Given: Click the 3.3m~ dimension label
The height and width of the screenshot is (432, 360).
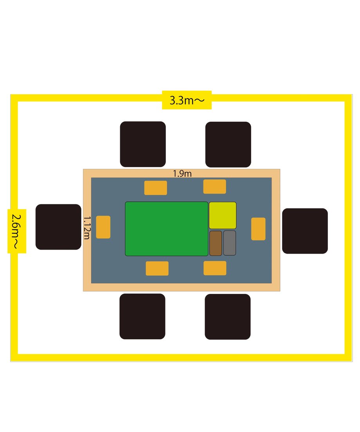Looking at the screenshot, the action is [x=187, y=100].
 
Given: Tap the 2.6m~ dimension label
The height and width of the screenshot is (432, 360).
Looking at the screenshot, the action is [x=16, y=231].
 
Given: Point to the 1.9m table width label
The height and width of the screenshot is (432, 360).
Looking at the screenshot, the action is [x=182, y=174].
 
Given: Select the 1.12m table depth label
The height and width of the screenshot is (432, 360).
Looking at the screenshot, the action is [x=87, y=228].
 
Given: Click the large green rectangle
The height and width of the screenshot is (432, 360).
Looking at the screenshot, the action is [x=167, y=229].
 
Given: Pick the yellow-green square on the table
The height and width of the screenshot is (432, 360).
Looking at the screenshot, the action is [x=223, y=216].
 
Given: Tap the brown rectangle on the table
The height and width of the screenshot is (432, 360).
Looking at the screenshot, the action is [x=216, y=243].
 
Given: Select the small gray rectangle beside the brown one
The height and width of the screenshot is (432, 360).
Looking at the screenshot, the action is [x=230, y=243].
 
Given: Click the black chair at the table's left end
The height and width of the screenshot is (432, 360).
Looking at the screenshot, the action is [x=58, y=227].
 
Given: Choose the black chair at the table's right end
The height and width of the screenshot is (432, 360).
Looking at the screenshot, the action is [x=305, y=231].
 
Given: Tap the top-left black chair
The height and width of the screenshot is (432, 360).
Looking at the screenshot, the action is [x=143, y=144].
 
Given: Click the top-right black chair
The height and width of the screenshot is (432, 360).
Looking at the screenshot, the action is [x=228, y=144].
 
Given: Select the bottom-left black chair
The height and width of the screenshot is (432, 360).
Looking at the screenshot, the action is [x=142, y=316].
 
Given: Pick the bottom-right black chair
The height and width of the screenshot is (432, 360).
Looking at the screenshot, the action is [x=227, y=317].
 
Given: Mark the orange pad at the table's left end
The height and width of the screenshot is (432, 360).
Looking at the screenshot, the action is [x=103, y=227].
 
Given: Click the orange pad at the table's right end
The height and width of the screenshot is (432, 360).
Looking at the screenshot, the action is [x=258, y=229].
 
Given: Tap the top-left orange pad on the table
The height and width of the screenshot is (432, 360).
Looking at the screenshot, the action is [x=156, y=188].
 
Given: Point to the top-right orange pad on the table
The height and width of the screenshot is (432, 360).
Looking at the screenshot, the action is [x=214, y=187].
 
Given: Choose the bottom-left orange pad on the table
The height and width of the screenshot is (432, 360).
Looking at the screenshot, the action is [x=157, y=268].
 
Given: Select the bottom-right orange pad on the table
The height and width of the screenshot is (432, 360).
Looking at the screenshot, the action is [x=215, y=268].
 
